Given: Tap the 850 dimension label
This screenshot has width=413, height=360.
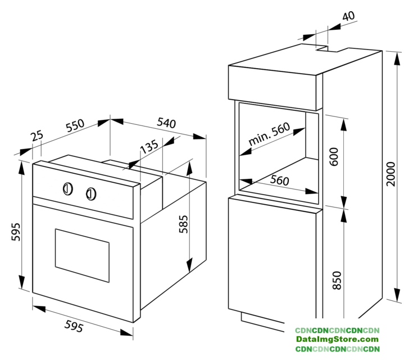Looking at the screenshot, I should pos(337,280).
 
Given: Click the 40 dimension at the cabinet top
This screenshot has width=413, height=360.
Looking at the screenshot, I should pos(348,16).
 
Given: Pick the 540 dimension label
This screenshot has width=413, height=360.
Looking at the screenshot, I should pos(166,123).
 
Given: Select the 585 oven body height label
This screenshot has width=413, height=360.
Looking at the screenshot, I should pos(184,224).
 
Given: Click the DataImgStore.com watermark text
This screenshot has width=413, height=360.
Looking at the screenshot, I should pos(337,339).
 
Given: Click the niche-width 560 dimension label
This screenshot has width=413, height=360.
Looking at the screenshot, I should pos(279,181).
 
